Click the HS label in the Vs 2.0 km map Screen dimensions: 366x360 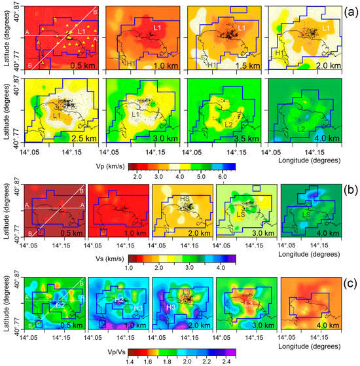pyautogui.click(x=185, y=198)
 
